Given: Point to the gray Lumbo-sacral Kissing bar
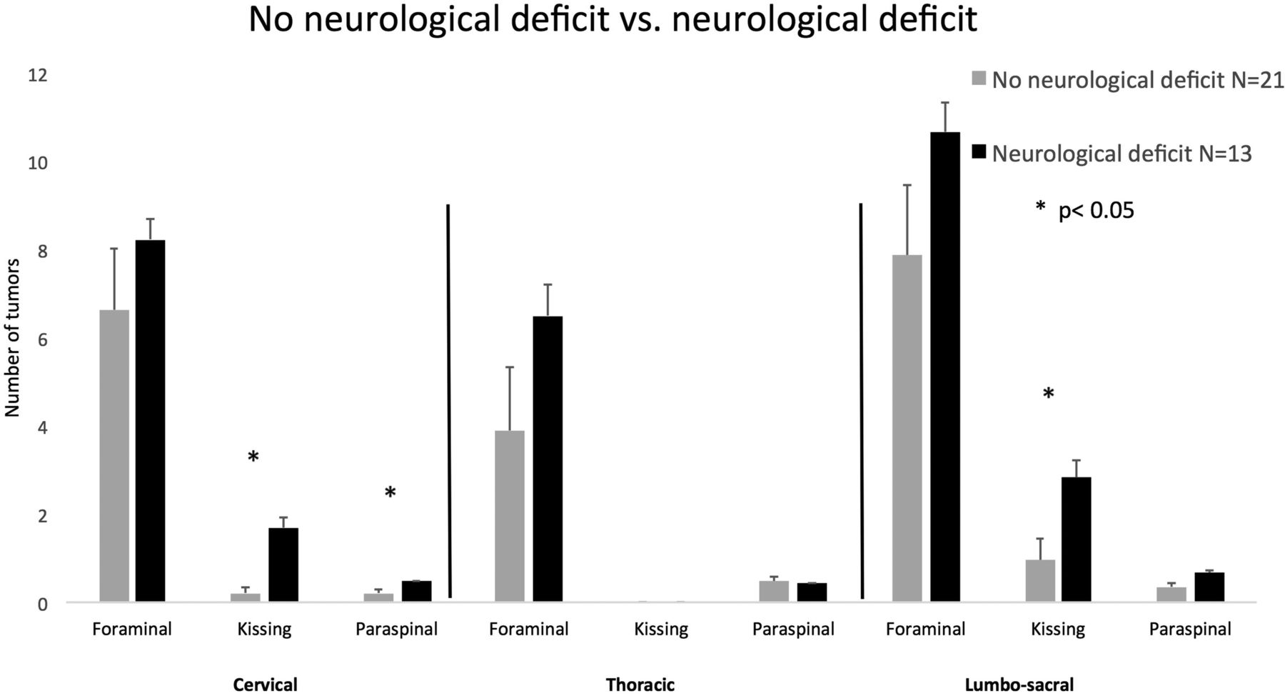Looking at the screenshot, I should (1040, 580).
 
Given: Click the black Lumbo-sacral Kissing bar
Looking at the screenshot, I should (1077, 539).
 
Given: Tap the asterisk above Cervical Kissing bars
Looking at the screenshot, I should (253, 457).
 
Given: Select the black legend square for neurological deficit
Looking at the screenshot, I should (979, 152).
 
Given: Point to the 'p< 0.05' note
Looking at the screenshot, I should (1096, 211).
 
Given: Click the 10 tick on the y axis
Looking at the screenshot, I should (37, 163).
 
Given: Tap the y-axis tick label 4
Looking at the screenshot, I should (42, 427).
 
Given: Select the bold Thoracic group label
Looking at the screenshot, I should (640, 685).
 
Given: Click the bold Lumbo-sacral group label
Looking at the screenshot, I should (1019, 685).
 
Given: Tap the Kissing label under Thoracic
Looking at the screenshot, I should (661, 630).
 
